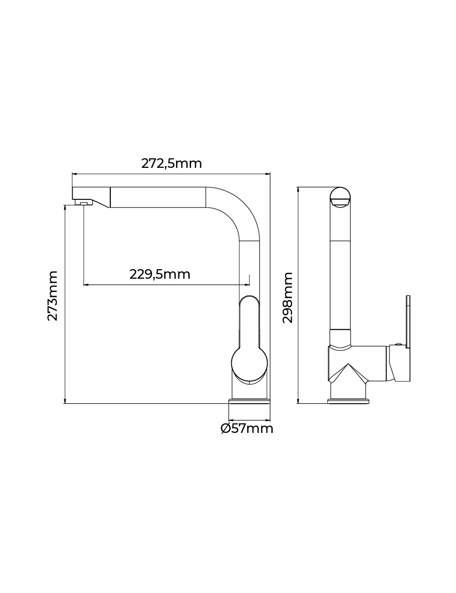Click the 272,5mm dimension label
tap(171, 163)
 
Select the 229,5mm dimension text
tap(160, 274)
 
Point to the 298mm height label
tap(287, 297)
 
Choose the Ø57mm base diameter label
tap(247, 429)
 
